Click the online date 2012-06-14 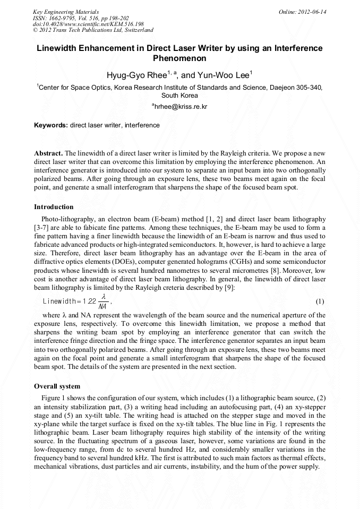(x=313, y=12)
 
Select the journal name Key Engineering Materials (x=66, y=12)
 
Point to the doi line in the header (x=88, y=24)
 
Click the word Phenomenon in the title (x=179, y=58)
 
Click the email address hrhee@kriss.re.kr (x=181, y=107)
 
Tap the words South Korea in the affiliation (x=179, y=96)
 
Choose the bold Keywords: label (x=51, y=125)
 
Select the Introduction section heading (x=54, y=206)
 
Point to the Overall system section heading (x=57, y=386)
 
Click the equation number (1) (x=320, y=301)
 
